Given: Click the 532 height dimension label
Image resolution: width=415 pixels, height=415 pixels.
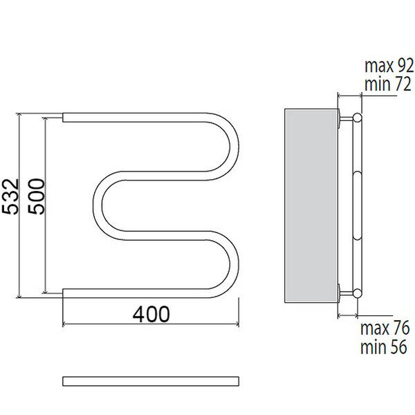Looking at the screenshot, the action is tap(10, 196).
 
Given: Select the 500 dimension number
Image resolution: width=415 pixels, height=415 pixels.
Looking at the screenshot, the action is tap(36, 196).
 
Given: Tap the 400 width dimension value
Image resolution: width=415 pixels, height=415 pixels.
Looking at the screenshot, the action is tap(151, 314).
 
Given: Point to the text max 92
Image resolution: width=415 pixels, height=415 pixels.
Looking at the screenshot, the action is tap(389, 66).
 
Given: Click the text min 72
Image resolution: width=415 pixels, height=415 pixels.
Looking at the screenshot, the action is tap(388, 84).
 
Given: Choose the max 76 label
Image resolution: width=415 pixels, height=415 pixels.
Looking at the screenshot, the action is tap(385, 328).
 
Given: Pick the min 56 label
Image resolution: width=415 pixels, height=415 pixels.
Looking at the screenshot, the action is tap(383, 347).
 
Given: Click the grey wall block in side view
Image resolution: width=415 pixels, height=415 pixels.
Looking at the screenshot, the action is tap(311, 205).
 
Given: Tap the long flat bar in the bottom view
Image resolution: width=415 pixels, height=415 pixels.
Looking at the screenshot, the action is tap(151, 381).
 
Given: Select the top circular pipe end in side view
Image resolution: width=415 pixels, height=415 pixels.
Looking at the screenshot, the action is tap(358, 118).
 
